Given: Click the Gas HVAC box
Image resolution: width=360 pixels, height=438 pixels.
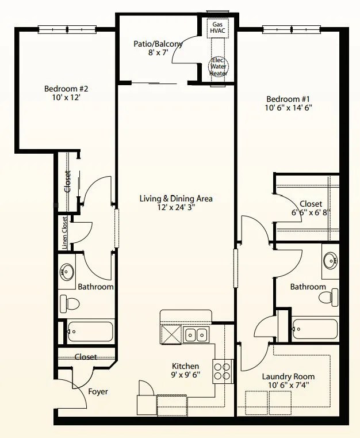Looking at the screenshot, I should (x=217, y=28).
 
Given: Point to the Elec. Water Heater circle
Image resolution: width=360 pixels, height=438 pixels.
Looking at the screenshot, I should (x=218, y=67).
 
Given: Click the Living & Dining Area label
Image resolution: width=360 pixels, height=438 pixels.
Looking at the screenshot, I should (x=176, y=199).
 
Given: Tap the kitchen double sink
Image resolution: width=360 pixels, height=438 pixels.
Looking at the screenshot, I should (x=197, y=334).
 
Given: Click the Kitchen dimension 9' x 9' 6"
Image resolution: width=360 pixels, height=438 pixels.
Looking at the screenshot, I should (x=185, y=376).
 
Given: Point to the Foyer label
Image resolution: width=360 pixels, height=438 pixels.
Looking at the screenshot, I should (x=98, y=392).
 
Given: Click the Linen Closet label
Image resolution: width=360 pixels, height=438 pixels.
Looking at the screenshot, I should (x=64, y=232).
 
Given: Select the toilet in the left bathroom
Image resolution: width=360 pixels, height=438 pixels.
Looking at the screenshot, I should (x=70, y=303).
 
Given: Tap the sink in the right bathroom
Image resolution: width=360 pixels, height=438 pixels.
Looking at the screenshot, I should (x=331, y=261).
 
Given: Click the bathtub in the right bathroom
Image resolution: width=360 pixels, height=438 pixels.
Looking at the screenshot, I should (x=315, y=329).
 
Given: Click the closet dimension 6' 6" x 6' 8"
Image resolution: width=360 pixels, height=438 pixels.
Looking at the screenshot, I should (x=311, y=212).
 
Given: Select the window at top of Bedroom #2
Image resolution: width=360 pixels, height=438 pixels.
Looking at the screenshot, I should (x=67, y=29).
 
